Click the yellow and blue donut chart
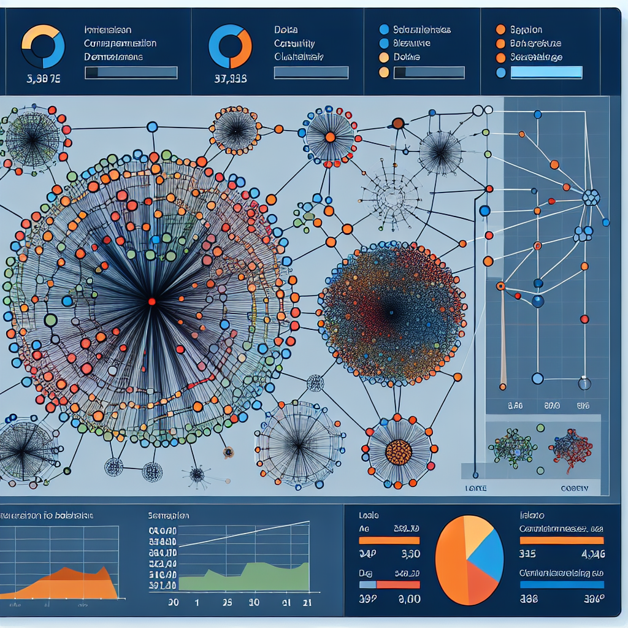43,46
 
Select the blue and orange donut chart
230,46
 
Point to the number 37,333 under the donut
230,78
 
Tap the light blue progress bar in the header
546,72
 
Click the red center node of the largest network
151,301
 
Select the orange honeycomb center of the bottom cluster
399,453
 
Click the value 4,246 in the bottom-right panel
592,554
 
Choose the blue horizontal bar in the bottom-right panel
561,584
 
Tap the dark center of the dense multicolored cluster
390,313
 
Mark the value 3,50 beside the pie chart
410,554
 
